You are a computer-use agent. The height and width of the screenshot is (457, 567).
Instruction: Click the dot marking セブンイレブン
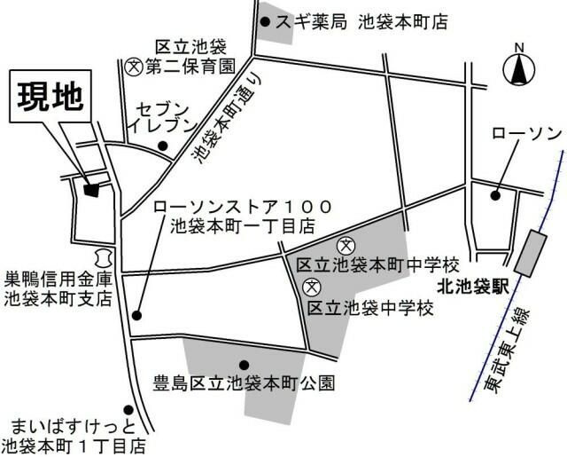tap(161, 146)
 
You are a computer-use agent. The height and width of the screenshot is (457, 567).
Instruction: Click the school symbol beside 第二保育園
tap(133, 65)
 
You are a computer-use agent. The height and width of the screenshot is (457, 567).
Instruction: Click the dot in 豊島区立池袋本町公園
tap(244, 364)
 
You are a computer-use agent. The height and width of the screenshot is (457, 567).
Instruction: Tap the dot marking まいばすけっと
tap(130, 410)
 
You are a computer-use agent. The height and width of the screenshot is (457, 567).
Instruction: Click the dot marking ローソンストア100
tap(136, 314)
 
